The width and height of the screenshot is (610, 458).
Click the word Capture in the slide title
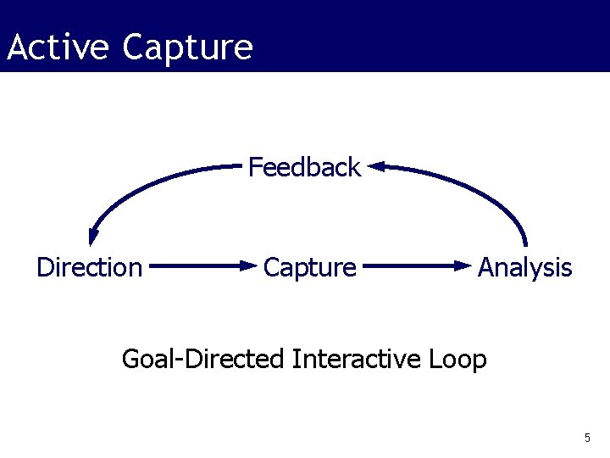[x=187, y=47]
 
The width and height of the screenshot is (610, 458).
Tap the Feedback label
[x=304, y=168]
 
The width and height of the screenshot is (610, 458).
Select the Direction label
[x=89, y=268]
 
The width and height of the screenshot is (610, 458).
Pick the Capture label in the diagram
[x=309, y=268]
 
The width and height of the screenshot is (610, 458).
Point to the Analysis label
[x=524, y=268]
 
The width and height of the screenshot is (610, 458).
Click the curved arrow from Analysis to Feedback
[x=474, y=187]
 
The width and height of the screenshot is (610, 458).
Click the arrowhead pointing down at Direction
[x=92, y=240]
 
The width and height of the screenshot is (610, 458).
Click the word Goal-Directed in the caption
[x=202, y=360]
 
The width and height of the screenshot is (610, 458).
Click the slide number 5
[x=586, y=438]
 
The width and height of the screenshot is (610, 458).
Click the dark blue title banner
[x=424, y=36]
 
